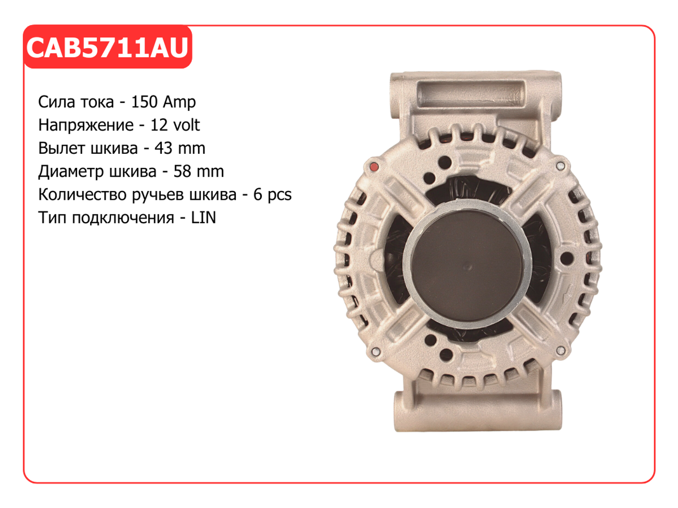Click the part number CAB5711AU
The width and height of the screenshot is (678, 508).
[x=107, y=47]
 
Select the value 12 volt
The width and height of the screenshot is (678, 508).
[x=175, y=125]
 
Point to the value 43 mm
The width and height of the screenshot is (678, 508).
[x=180, y=149]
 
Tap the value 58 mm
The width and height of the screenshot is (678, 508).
[x=199, y=171]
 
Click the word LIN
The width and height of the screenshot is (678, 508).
[x=203, y=218]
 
